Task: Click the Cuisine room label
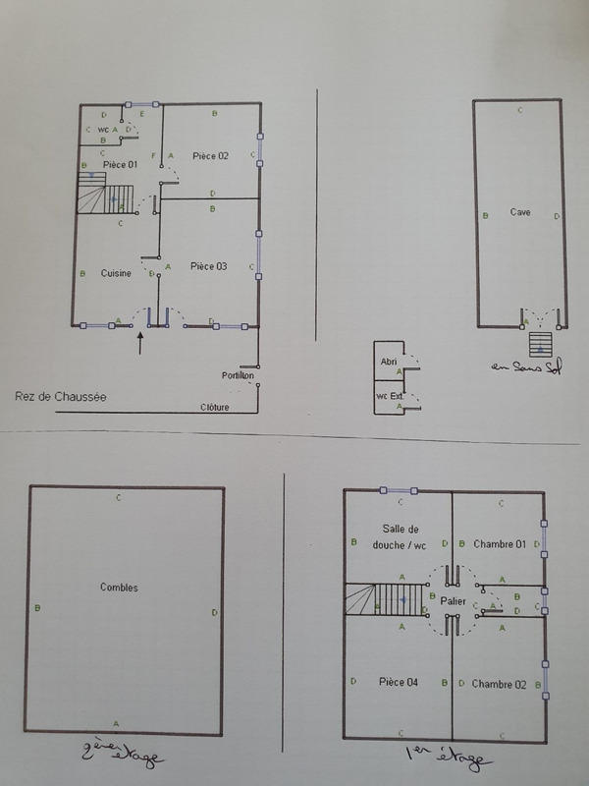tap(116, 273)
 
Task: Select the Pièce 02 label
tap(210, 155)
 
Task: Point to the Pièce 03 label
tap(209, 266)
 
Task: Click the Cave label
tap(520, 211)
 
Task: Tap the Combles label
tap(120, 588)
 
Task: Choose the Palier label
tap(453, 600)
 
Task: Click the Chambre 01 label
tap(500, 543)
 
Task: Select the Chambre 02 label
tap(499, 684)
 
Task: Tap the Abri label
tap(388, 363)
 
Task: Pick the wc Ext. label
tap(390, 396)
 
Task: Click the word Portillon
tap(239, 375)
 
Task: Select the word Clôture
tap(214, 407)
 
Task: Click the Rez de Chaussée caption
tap(61, 397)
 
